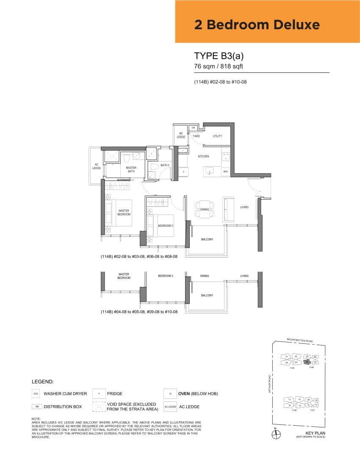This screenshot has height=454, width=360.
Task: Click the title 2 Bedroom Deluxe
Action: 257,25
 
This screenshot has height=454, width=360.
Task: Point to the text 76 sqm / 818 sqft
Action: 219,67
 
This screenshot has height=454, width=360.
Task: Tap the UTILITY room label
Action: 217,136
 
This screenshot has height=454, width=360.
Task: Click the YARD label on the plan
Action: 196,136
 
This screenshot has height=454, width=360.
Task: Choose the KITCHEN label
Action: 203,156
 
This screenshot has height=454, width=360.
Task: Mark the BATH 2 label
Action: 165,165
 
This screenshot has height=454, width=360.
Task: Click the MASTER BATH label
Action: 131,170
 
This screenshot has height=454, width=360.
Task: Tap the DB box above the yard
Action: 193,127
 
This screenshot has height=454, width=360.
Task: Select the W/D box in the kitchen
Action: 225,172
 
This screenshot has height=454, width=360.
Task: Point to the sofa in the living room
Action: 229,209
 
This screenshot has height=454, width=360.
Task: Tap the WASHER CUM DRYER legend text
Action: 65,394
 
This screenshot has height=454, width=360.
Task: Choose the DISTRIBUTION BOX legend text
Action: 63,407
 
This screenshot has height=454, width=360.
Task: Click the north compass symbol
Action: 275,434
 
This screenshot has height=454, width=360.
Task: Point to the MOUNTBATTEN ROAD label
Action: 299,340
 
